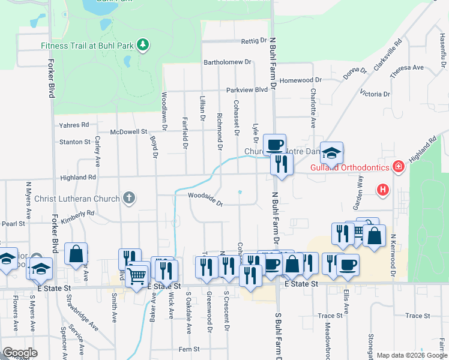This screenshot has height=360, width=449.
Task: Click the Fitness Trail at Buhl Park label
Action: pos(88,45)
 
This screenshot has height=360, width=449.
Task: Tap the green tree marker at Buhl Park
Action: pos(143,44)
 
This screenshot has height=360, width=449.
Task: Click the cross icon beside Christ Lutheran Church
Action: pos(128,197)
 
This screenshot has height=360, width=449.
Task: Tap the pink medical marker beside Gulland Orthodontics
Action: pos(397,166)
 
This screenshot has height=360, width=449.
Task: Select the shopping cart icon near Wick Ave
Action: pos(137,275)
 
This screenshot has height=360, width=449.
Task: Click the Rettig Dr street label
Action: pos(253,41)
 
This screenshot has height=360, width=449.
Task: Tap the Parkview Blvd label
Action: pos(247,90)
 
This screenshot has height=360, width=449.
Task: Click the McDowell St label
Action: pos(129,131)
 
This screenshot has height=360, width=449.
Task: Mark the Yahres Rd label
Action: pos(74,125)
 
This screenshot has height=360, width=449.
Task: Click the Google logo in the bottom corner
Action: pos(19,353)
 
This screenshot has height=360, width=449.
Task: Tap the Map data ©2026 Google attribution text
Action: pos(412,355)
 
